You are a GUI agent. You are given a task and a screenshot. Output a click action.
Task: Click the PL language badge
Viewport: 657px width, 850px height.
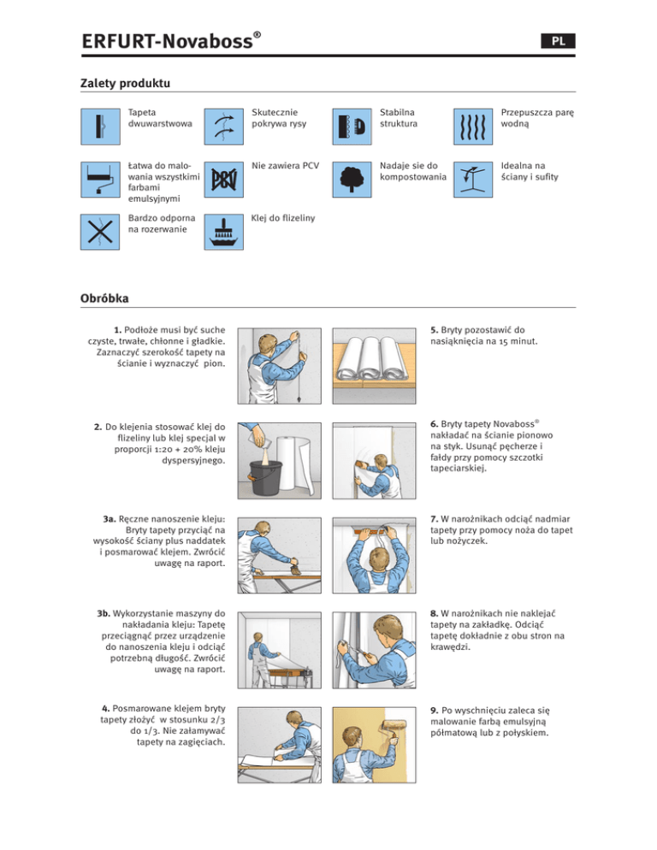(x=557, y=40)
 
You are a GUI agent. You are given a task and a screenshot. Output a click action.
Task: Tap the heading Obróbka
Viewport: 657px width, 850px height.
(x=104, y=300)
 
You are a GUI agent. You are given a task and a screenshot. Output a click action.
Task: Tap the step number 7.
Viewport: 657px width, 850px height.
(x=435, y=517)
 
